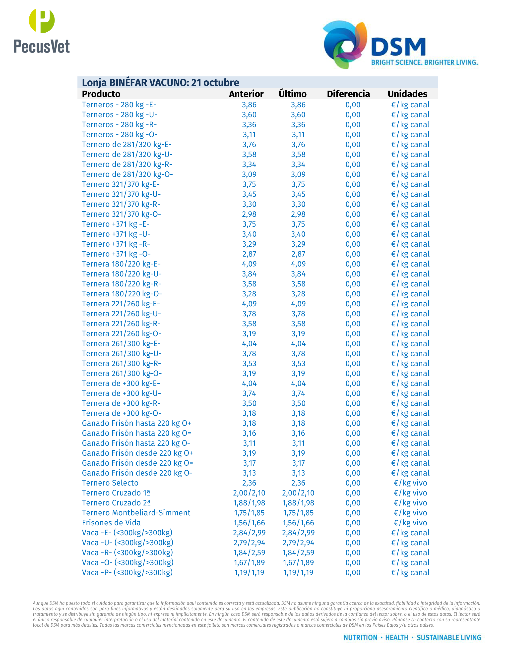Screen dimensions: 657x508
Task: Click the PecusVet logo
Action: click(x=42, y=31)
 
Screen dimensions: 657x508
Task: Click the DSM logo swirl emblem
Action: click(x=345, y=44)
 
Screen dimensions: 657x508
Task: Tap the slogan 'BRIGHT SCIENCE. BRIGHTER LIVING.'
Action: click(x=424, y=62)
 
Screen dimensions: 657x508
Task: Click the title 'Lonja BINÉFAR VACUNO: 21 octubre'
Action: click(x=160, y=82)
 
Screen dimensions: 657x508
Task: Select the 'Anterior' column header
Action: click(x=246, y=94)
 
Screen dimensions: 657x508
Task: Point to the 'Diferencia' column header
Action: click(x=348, y=94)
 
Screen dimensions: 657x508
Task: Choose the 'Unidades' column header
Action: click(x=407, y=94)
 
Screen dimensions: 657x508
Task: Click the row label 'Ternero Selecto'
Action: click(x=110, y=483)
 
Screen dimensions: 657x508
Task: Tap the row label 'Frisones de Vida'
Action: click(x=111, y=523)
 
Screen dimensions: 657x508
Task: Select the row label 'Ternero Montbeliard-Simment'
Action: click(x=136, y=513)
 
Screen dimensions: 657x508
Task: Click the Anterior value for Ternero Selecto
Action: click(x=249, y=483)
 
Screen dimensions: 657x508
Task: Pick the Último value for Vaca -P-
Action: click(x=298, y=572)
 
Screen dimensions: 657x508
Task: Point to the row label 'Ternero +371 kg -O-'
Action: click(x=116, y=254)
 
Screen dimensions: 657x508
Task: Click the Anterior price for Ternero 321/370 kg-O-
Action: click(x=249, y=214)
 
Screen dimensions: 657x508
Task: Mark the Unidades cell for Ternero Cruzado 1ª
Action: click(x=410, y=493)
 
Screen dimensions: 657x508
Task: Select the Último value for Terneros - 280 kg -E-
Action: click(x=298, y=105)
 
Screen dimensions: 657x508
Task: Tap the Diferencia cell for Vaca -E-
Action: click(x=353, y=533)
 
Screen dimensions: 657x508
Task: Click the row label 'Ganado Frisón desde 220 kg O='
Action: click(x=137, y=463)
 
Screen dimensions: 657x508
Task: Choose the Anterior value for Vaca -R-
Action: click(x=249, y=553)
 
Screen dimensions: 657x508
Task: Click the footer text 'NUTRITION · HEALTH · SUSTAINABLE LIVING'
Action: click(x=412, y=637)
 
